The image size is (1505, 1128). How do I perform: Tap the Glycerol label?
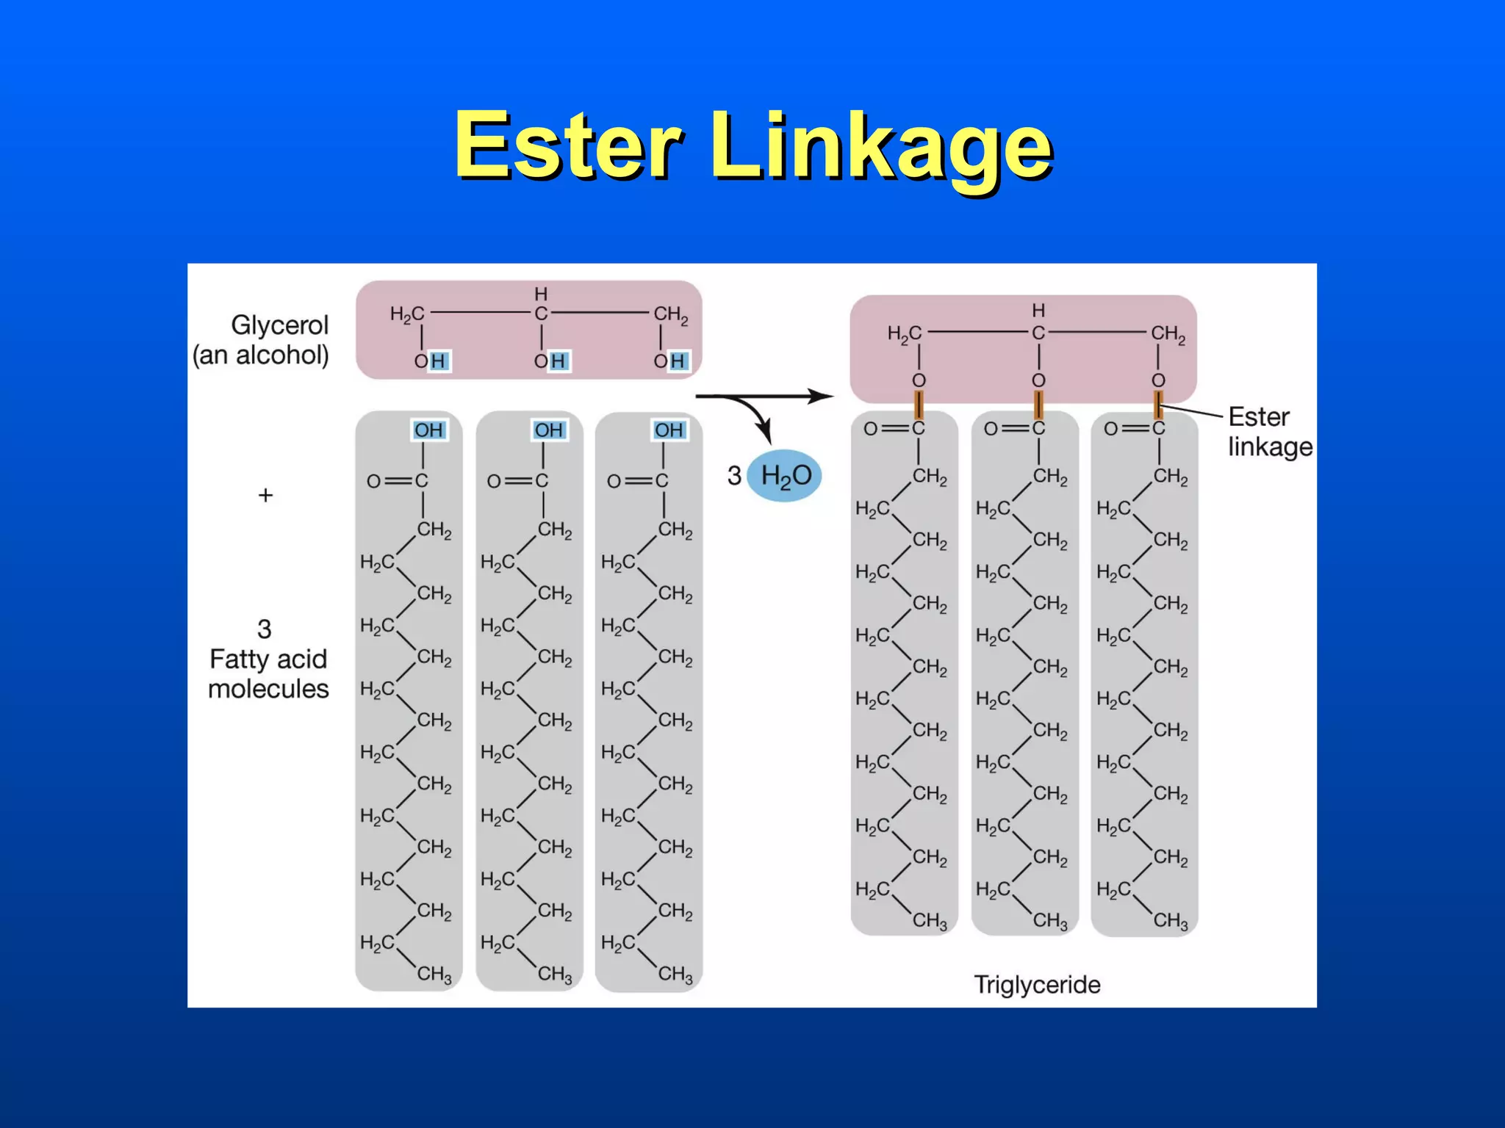click(x=279, y=325)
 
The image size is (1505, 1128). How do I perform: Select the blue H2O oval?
click(x=784, y=475)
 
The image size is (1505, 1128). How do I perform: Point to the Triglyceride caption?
click(x=1037, y=984)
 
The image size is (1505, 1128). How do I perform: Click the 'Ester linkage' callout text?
click(x=1269, y=431)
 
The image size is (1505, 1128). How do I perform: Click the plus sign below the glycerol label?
click(x=265, y=495)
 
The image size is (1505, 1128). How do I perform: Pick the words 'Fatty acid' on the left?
click(x=268, y=659)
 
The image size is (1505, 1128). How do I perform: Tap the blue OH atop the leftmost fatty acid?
click(x=428, y=430)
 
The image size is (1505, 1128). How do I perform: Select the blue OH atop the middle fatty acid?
click(x=549, y=430)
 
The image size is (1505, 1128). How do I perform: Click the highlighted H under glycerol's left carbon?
click(x=438, y=361)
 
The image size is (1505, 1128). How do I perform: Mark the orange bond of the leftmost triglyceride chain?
click(x=918, y=405)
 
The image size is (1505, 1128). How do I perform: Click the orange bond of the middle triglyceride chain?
click(x=1038, y=405)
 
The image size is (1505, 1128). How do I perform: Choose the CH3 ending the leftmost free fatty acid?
click(x=434, y=975)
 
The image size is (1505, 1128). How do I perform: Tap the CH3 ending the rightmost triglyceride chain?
click(x=1170, y=920)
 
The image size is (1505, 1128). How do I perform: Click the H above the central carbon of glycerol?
click(x=541, y=294)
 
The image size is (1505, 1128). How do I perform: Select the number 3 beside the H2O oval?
click(x=734, y=476)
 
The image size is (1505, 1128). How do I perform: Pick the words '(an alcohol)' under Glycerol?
click(x=261, y=355)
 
